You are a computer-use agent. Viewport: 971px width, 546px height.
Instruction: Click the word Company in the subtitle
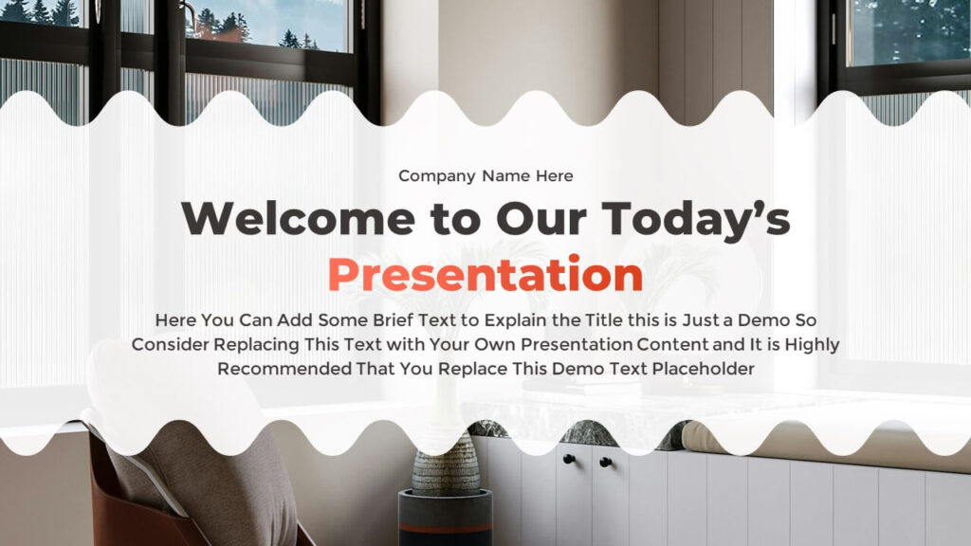click(x=436, y=176)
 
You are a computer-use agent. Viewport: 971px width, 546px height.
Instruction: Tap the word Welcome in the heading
click(x=298, y=219)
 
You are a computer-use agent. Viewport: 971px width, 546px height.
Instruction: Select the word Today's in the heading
click(x=695, y=220)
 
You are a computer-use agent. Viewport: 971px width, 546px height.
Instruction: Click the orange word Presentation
click(x=485, y=274)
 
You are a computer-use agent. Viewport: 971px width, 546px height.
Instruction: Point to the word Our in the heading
click(x=540, y=219)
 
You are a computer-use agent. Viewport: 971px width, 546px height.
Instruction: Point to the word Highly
click(x=812, y=345)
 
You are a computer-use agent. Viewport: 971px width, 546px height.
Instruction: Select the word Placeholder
click(x=703, y=369)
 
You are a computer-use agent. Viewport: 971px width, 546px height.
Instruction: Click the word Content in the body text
click(x=672, y=344)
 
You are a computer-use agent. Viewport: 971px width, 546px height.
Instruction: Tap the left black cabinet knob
click(x=569, y=460)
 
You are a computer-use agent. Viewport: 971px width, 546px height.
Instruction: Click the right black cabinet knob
click(x=605, y=462)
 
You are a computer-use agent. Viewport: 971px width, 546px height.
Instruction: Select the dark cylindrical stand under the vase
click(x=445, y=519)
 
